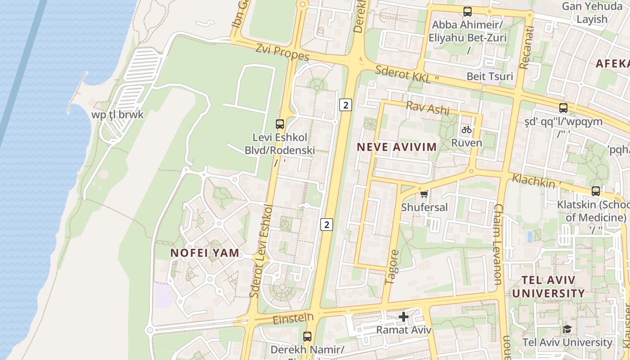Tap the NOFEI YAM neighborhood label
205,253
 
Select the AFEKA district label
612,63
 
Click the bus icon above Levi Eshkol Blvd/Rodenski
280,124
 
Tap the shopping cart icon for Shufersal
423,194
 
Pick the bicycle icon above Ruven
467,130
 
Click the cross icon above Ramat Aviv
404,317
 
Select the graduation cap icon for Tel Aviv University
567,329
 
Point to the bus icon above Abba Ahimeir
468,12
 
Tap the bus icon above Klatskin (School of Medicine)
596,191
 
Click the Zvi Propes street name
282,52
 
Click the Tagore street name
391,267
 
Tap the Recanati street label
526,48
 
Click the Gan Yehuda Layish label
592,13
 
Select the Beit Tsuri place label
490,76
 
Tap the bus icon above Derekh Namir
307,336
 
